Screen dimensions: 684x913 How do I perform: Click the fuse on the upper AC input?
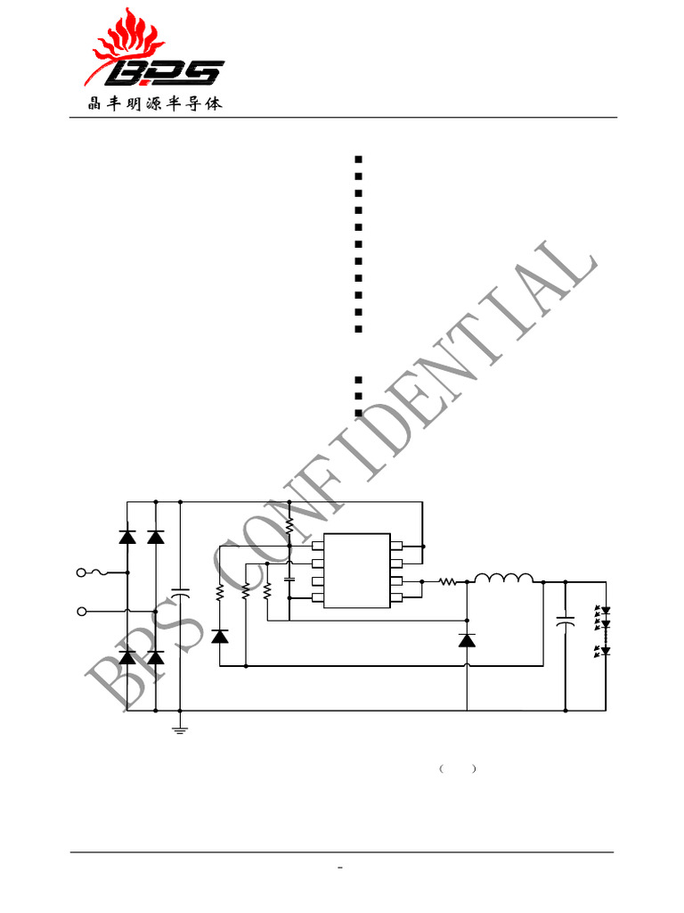click(x=107, y=572)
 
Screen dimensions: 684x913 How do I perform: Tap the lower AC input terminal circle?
click(x=83, y=611)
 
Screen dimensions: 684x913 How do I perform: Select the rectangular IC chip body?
click(x=356, y=571)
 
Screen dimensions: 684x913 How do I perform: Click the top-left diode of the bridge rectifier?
click(x=127, y=537)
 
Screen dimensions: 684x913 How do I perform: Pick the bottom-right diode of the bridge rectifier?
click(x=156, y=658)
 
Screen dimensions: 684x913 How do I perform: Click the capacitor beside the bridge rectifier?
click(x=180, y=592)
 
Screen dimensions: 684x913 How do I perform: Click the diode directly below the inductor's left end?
click(x=467, y=639)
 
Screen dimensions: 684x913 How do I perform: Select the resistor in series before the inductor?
click(x=447, y=581)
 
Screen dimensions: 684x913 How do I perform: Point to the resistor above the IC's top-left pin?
click(x=289, y=528)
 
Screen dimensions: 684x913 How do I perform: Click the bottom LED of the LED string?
click(x=605, y=651)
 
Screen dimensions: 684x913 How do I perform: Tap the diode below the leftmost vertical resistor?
click(x=220, y=636)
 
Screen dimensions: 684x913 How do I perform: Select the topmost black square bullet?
click(x=357, y=159)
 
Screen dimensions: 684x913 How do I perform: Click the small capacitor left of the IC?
click(x=289, y=580)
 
